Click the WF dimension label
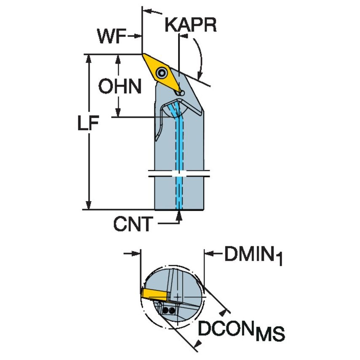pyautogui.click(x=111, y=37)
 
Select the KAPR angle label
pyautogui.click(x=191, y=25)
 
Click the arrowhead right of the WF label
pyautogui.click(x=138, y=37)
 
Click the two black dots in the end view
pyautogui.click(x=168, y=311)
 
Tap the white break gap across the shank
pyautogui.click(x=179, y=174)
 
